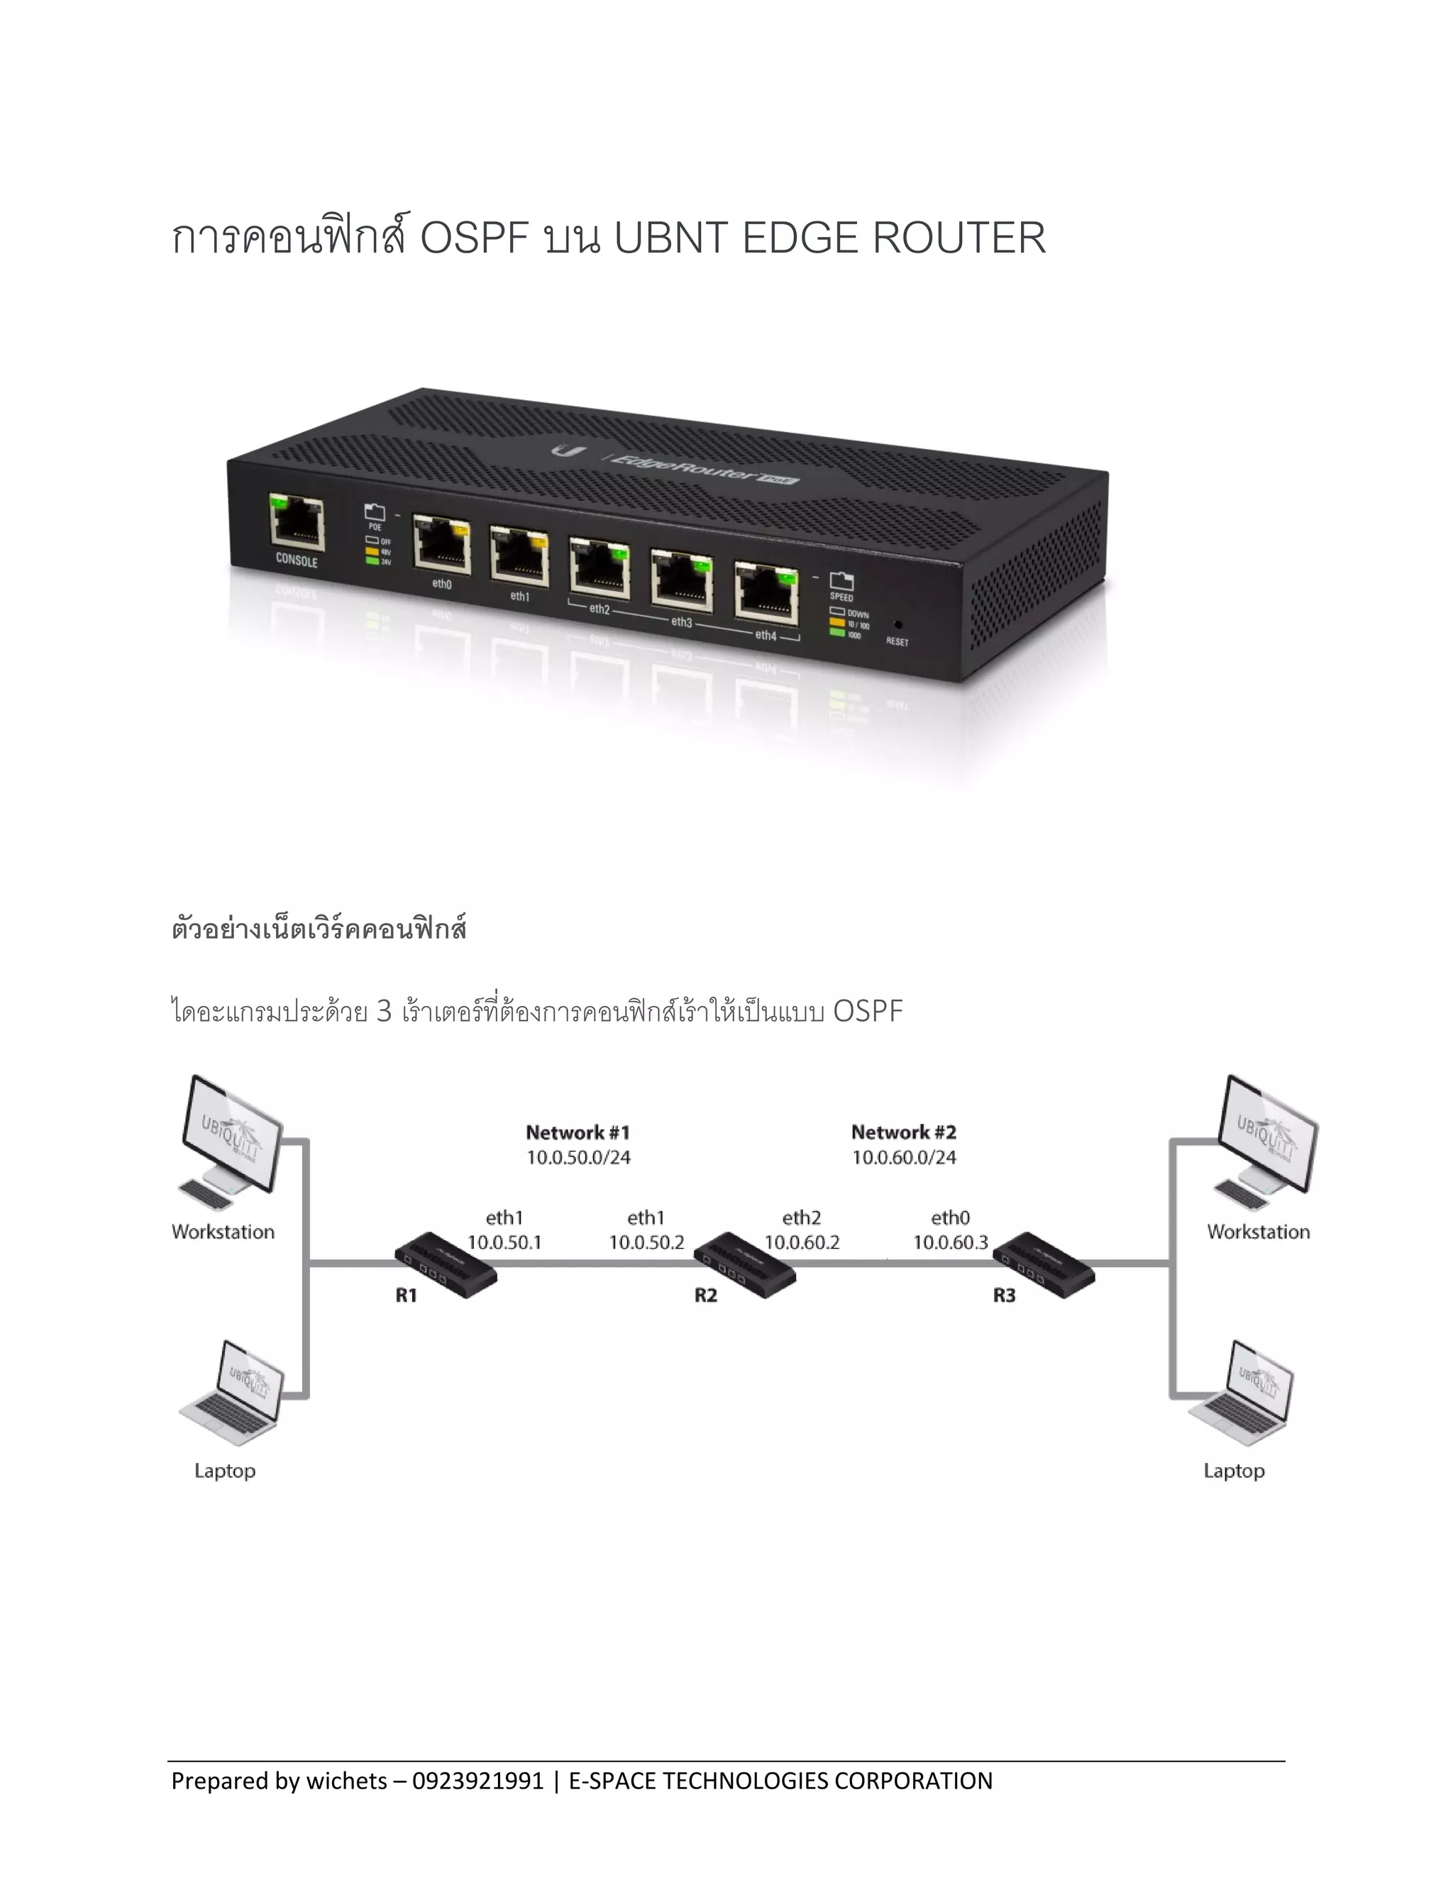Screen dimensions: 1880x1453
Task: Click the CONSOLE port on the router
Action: point(297,524)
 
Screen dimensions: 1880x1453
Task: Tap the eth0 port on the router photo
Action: point(441,544)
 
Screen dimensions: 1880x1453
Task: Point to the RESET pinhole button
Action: point(897,624)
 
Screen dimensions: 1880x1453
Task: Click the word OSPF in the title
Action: point(473,238)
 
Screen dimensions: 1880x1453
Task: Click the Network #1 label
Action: point(578,1133)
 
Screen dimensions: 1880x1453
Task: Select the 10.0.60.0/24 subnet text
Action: point(904,1158)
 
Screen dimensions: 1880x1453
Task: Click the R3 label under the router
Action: point(1004,1295)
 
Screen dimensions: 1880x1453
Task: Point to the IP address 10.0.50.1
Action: point(504,1242)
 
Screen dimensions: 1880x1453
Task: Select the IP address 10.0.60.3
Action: point(950,1242)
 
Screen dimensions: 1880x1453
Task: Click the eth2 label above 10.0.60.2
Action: point(802,1218)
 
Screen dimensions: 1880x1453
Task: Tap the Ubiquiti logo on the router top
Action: point(568,451)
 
